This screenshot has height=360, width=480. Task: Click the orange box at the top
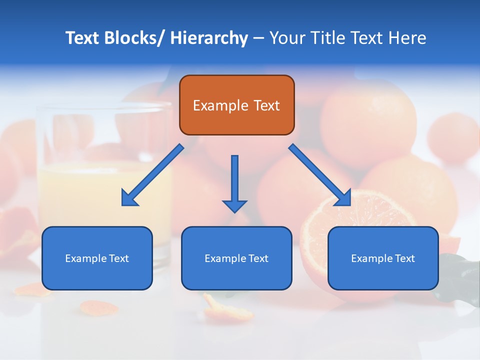pyautogui.click(x=236, y=105)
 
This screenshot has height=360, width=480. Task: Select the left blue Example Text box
pyautogui.click(x=97, y=258)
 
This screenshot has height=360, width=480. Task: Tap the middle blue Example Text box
pyautogui.click(x=236, y=258)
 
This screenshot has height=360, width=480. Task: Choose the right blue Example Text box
pyautogui.click(x=383, y=258)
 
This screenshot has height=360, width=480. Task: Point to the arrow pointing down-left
pyautogui.click(x=152, y=175)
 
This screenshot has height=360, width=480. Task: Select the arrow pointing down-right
pyautogui.click(x=320, y=175)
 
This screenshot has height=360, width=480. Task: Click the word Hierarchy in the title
pyautogui.click(x=209, y=38)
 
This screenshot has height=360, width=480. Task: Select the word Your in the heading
pyautogui.click(x=287, y=38)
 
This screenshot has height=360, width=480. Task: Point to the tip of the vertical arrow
pyautogui.click(x=234, y=212)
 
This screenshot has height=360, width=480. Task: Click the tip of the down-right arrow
pyautogui.click(x=350, y=205)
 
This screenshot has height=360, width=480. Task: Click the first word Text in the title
pyautogui.click(x=83, y=38)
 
